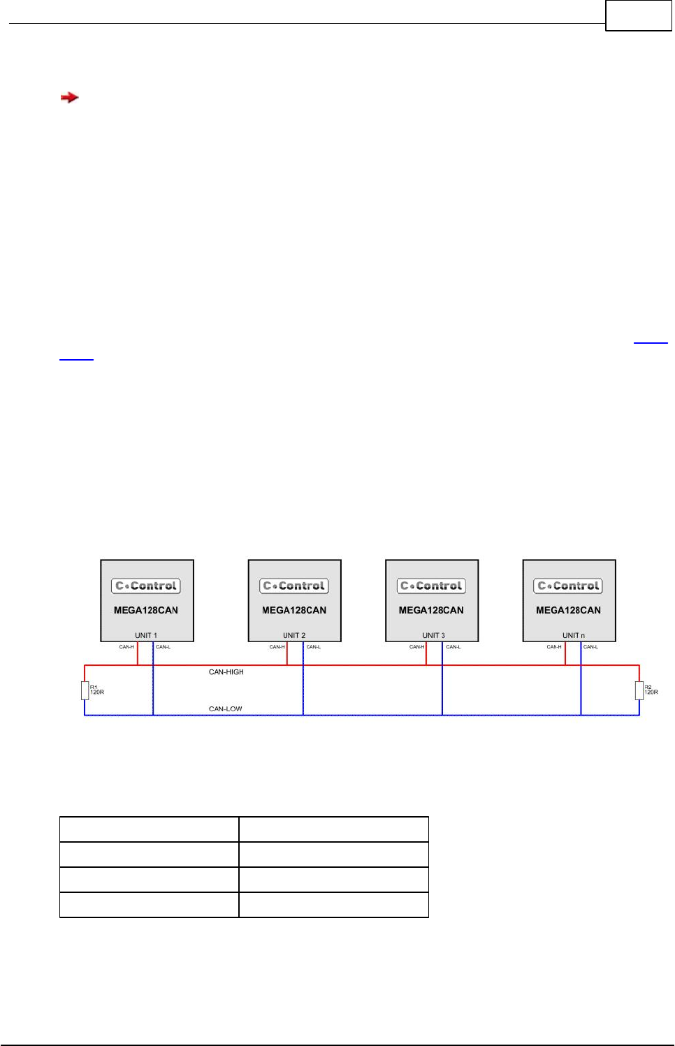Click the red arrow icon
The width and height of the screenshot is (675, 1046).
(x=69, y=98)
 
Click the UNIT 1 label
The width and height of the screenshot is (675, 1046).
(x=146, y=635)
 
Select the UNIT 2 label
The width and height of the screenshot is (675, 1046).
(x=294, y=635)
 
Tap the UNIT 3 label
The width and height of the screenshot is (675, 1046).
(x=433, y=635)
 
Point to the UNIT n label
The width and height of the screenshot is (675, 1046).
(x=574, y=635)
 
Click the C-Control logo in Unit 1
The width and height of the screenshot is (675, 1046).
(x=146, y=586)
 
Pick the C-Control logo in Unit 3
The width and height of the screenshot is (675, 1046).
(x=432, y=586)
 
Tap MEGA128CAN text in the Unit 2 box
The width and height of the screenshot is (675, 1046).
(x=294, y=610)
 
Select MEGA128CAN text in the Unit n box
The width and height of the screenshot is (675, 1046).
(x=568, y=610)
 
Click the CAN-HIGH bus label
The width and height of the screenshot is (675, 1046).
(x=226, y=672)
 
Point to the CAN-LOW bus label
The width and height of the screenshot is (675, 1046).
(x=226, y=709)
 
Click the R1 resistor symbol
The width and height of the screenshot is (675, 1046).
(x=85, y=690)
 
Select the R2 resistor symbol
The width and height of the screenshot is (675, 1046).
(x=639, y=690)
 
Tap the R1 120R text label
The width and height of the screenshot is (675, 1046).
(x=96, y=690)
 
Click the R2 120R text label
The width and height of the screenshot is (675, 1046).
(x=651, y=690)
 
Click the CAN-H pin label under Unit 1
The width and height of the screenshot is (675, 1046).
(x=126, y=647)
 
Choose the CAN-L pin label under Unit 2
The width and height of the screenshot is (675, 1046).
(x=314, y=647)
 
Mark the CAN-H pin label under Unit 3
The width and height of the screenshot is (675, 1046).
(x=416, y=647)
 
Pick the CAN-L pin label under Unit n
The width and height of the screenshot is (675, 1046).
(x=590, y=647)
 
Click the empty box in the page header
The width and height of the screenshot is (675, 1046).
(x=639, y=16)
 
